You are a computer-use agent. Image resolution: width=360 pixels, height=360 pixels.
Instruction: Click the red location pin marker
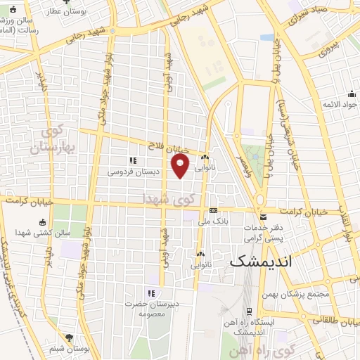click(x=181, y=167)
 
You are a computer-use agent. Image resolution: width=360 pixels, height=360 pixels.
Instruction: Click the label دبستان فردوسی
click(x=134, y=171)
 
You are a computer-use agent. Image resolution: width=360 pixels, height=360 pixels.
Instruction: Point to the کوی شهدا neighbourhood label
click(x=163, y=199)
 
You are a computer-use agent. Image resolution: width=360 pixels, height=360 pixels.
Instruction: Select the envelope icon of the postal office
click(x=263, y=217)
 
